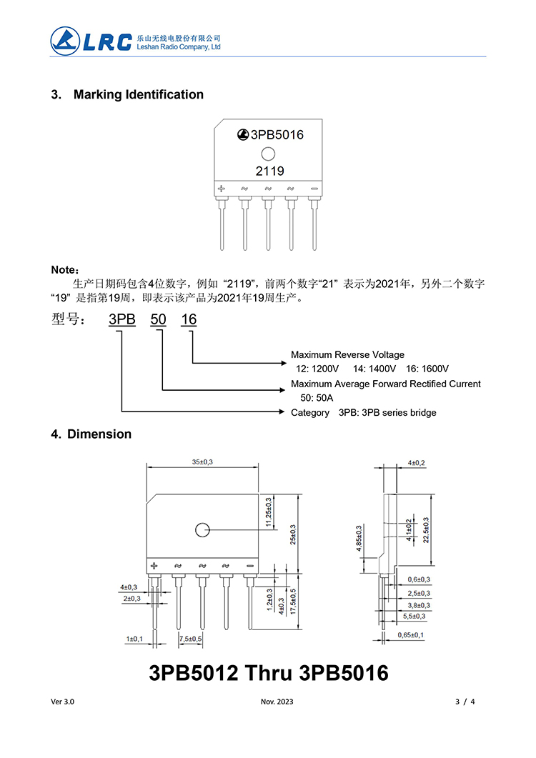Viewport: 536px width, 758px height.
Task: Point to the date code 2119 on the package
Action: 269,171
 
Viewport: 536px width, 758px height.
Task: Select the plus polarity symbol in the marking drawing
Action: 222,189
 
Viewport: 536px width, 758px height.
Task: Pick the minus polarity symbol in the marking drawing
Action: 314,189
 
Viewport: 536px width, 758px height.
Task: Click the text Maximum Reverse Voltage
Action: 347,355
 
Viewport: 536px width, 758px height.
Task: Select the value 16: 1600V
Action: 427,369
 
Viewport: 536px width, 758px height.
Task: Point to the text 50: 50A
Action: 317,398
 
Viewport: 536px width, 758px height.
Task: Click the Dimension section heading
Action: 99,434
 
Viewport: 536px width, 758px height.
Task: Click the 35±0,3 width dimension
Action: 202,462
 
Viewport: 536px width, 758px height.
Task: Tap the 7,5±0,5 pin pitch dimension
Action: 190,638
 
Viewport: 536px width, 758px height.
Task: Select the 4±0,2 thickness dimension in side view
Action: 416,463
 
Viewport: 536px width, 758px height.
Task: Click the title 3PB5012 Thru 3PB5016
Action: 269,673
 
